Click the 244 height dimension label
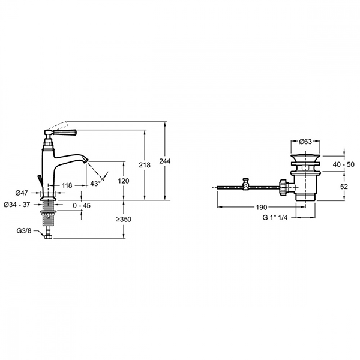pyautogui.click(x=165, y=161)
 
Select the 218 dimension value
pyautogui.click(x=145, y=165)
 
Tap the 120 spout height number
pyautogui.click(x=124, y=181)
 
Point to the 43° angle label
pyautogui.click(x=95, y=184)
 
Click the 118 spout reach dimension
pyautogui.click(x=67, y=185)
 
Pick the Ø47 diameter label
pyautogui.click(x=22, y=193)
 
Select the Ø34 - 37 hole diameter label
pyautogui.click(x=17, y=205)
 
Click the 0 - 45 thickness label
pyautogui.click(x=82, y=205)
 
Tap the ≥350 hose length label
pyautogui.click(x=124, y=219)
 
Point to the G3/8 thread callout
pyautogui.click(x=24, y=230)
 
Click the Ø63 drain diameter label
pyautogui.click(x=305, y=142)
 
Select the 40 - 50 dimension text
pyautogui.click(x=344, y=164)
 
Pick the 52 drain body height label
pyautogui.click(x=344, y=187)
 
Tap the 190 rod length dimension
pyautogui.click(x=262, y=208)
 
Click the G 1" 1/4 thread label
pyautogui.click(x=275, y=217)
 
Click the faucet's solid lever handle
pyautogui.click(x=65, y=132)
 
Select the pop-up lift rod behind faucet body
pyautogui.click(x=40, y=179)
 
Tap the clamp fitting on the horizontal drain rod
pyautogui.click(x=246, y=184)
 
